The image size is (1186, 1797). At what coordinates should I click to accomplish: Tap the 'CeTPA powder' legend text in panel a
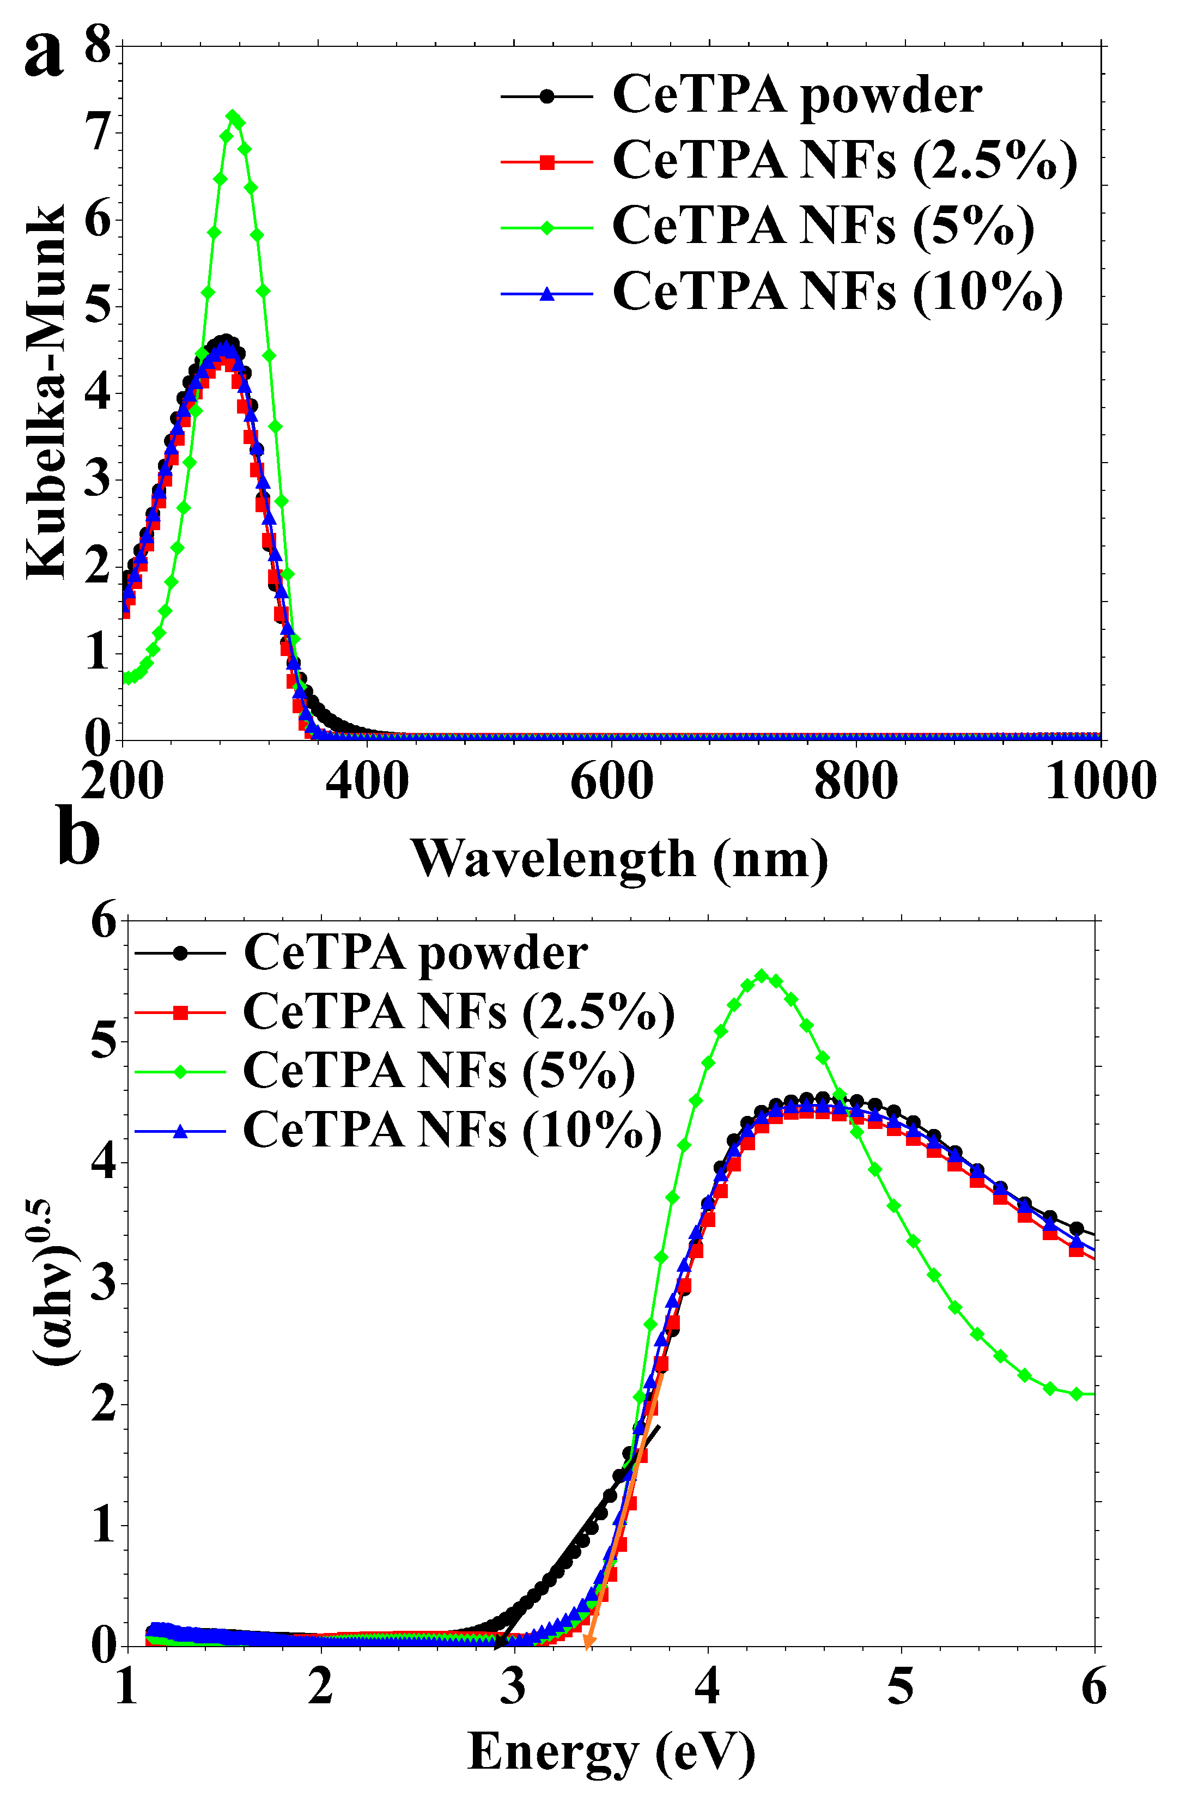tap(796, 96)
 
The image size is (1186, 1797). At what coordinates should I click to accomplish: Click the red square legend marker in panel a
tap(547, 162)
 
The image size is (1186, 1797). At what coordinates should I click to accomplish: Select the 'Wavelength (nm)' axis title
tap(619, 860)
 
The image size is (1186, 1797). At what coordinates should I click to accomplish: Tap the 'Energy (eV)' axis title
tap(611, 1750)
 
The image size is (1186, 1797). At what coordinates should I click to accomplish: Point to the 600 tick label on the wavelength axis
tap(611, 781)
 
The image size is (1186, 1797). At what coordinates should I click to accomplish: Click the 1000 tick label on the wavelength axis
tap(1100, 781)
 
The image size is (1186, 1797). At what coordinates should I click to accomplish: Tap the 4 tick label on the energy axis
tap(707, 1686)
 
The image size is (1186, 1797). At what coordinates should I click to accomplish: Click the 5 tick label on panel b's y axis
tap(105, 1041)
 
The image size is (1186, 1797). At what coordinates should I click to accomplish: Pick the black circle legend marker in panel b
tap(180, 953)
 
